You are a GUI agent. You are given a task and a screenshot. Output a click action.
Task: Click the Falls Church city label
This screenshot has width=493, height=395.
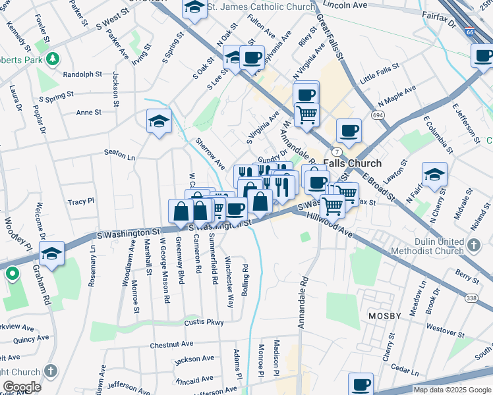click(x=353, y=163)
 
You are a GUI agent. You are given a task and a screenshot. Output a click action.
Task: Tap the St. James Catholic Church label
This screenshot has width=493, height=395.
click(x=261, y=7)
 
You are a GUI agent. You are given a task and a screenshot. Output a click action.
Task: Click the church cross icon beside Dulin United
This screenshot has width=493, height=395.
click(x=473, y=246)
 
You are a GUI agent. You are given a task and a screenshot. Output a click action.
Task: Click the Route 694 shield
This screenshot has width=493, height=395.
click(x=378, y=115)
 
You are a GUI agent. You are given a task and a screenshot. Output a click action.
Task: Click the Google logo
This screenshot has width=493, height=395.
click(x=22, y=387)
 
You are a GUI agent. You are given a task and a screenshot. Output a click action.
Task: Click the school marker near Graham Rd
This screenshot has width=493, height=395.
click(x=51, y=253)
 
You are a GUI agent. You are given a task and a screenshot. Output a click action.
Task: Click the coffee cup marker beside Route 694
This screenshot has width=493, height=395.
click(x=349, y=130)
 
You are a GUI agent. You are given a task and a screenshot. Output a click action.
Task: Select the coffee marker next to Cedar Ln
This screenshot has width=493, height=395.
click(x=361, y=384)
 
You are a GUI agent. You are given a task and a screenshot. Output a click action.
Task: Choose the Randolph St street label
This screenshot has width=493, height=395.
click(x=82, y=75)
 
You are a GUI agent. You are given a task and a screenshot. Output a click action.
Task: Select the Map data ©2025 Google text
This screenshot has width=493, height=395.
click(x=451, y=390)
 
